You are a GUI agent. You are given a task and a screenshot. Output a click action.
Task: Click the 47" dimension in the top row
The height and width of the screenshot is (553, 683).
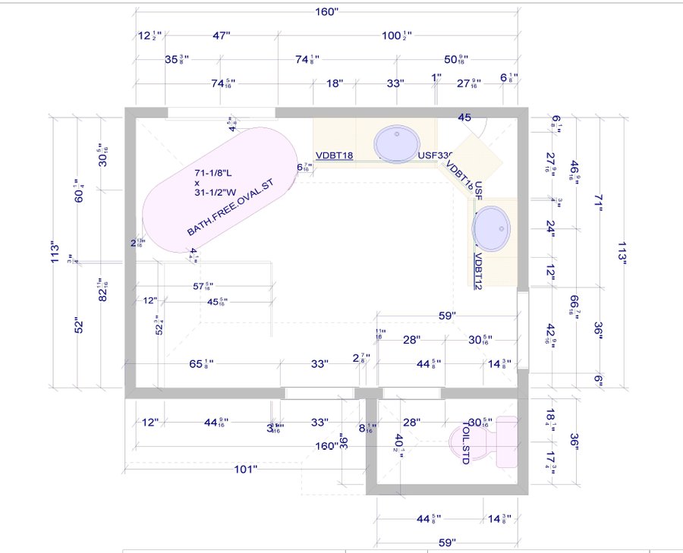click(x=221, y=35)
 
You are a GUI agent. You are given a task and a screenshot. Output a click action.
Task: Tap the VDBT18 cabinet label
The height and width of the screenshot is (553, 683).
click(x=334, y=156)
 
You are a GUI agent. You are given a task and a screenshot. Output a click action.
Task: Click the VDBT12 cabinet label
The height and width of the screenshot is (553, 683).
click(x=479, y=271)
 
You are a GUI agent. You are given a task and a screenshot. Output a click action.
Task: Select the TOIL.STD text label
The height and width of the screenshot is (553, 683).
click(x=465, y=445)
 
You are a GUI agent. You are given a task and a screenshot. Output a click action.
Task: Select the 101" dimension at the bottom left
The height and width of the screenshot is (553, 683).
click(x=244, y=470)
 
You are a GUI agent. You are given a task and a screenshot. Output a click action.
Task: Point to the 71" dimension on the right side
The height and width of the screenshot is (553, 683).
click(x=598, y=203)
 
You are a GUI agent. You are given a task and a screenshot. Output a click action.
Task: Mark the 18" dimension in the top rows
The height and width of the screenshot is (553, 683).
click(x=335, y=83)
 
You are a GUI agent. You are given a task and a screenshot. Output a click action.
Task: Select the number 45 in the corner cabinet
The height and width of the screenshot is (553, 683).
click(x=464, y=118)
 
